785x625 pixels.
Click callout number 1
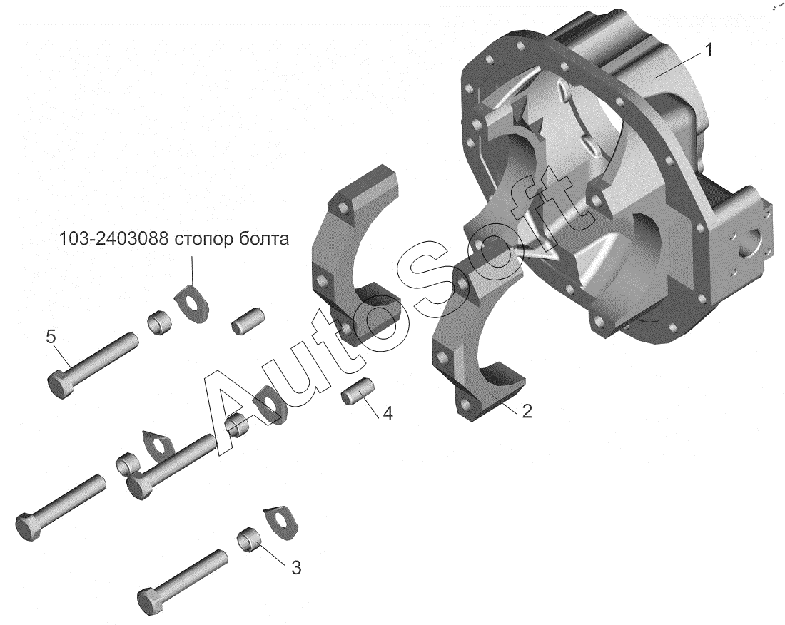tap(707, 50)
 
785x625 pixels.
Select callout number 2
tap(526, 411)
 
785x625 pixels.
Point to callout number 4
tap(388, 413)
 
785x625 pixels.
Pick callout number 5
tap(51, 336)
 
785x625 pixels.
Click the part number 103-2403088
tap(113, 239)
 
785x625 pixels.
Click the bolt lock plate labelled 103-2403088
tap(192, 302)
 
